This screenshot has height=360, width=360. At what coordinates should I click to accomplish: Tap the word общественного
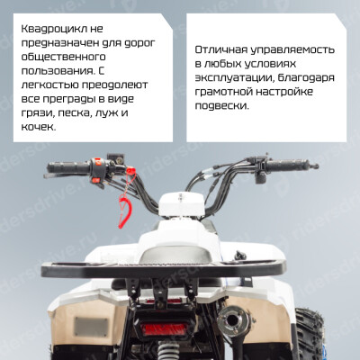coord(63,57)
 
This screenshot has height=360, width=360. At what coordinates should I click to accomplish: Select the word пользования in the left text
coord(57,71)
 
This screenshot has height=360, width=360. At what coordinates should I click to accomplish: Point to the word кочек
coord(39,127)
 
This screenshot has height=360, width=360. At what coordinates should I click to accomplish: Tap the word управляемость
coord(292,49)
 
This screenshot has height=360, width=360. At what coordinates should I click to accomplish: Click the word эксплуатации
coord(235,78)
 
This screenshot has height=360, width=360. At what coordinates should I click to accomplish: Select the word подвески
coord(222,106)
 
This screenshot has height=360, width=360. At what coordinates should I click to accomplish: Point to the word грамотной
coord(224,92)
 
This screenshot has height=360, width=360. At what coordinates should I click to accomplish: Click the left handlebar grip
coord(67,167)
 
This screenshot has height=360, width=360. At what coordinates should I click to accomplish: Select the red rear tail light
coord(165,329)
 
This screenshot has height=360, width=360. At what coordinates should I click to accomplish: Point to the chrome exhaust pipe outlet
coord(232,319)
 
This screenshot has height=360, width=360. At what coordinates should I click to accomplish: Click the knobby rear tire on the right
coord(310,333)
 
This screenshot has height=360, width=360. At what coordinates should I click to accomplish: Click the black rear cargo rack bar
coord(164,269)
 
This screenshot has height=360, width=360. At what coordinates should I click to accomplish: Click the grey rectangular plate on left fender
coord(91,327)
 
